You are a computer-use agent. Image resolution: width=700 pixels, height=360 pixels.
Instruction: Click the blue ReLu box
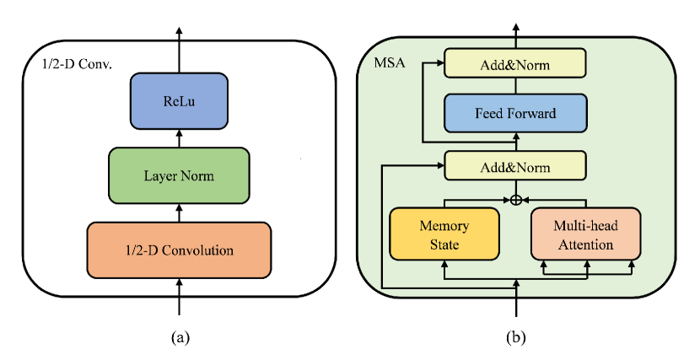pyautogui.click(x=179, y=101)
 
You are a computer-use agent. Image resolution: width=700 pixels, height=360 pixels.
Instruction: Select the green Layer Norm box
pyautogui.click(x=179, y=175)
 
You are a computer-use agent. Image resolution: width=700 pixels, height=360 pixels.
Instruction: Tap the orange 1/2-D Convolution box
pyautogui.click(x=179, y=250)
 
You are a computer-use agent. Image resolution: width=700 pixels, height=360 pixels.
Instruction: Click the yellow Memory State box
pyautogui.click(x=444, y=235)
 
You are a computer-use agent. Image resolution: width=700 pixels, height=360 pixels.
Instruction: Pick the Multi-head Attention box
pyautogui.click(x=585, y=235)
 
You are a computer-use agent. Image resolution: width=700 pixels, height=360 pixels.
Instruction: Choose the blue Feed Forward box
pyautogui.click(x=514, y=112)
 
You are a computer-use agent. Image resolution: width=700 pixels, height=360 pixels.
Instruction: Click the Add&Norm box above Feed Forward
pyautogui.click(x=514, y=62)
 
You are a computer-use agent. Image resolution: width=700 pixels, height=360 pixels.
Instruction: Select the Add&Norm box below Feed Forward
pyautogui.click(x=514, y=166)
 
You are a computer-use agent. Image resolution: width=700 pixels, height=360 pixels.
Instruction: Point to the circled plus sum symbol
pyautogui.click(x=515, y=200)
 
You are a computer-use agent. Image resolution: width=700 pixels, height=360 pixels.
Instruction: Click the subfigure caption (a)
pyautogui.click(x=179, y=337)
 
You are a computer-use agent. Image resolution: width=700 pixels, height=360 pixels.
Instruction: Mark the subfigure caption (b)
pyautogui.click(x=515, y=337)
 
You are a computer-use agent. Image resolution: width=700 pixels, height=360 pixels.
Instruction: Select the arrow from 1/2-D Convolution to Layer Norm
pyautogui.click(x=179, y=212)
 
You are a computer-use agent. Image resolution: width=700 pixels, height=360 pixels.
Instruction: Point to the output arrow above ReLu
pyautogui.click(x=179, y=51)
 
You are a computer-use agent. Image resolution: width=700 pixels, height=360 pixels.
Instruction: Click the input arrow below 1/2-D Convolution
pyautogui.click(x=179, y=299)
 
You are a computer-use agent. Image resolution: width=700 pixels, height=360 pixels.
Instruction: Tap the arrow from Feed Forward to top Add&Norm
pyautogui.click(x=514, y=84)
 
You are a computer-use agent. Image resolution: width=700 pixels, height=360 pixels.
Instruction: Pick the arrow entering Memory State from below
pyautogui.click(x=444, y=269)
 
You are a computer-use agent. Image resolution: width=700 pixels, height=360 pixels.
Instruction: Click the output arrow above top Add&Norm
pyautogui.click(x=514, y=37)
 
